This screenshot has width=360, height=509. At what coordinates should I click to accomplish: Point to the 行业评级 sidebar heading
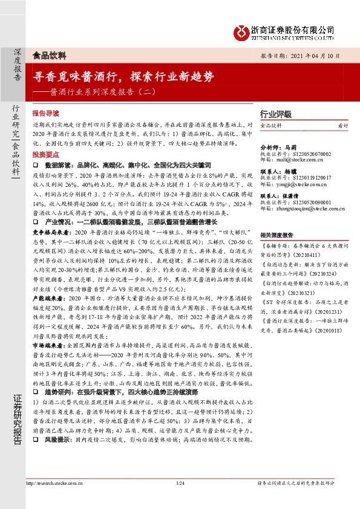coord(275,114)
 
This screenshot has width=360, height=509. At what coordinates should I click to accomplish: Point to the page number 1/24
coord(179,483)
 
